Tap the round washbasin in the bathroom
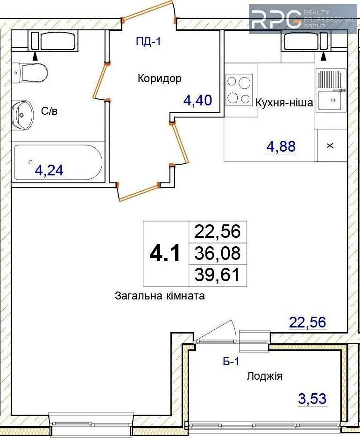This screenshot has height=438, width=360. click(23, 115)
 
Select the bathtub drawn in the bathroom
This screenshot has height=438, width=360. click(58, 162)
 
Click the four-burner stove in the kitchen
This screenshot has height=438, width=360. click(239, 90)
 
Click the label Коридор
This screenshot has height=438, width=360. click(159, 78)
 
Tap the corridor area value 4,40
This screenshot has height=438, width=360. click(198, 100)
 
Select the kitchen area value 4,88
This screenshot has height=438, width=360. click(281, 146)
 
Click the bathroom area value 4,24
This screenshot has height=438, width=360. click(49, 170)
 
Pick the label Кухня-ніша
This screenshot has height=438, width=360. click(284, 103)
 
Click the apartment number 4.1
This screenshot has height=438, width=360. click(165, 253)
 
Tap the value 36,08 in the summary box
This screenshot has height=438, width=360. click(217, 253)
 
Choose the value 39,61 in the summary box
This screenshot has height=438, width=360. click(217, 275)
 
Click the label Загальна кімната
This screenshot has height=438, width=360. click(160, 296)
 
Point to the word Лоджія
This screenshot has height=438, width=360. click(264, 376)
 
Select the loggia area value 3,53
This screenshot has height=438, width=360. click(312, 399)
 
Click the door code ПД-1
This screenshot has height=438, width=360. click(148, 42)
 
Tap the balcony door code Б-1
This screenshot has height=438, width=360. click(231, 362)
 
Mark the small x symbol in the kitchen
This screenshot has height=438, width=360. click(330, 146)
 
